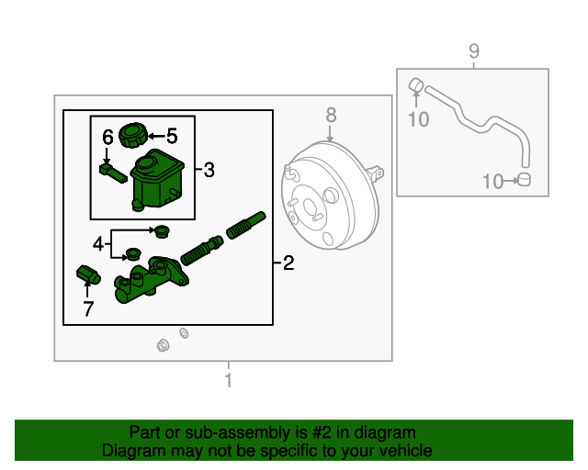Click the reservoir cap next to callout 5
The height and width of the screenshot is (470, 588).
134,137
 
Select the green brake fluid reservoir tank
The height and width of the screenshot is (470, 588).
153,180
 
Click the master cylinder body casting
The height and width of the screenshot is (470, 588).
147,282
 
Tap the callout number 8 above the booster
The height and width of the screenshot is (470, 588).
331,115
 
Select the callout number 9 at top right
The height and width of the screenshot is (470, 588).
474,51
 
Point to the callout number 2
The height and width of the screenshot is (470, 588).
288,265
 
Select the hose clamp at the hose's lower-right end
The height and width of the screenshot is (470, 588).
525,179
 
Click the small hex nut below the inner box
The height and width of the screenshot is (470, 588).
163,344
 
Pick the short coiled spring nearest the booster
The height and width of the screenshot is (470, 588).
245,225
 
